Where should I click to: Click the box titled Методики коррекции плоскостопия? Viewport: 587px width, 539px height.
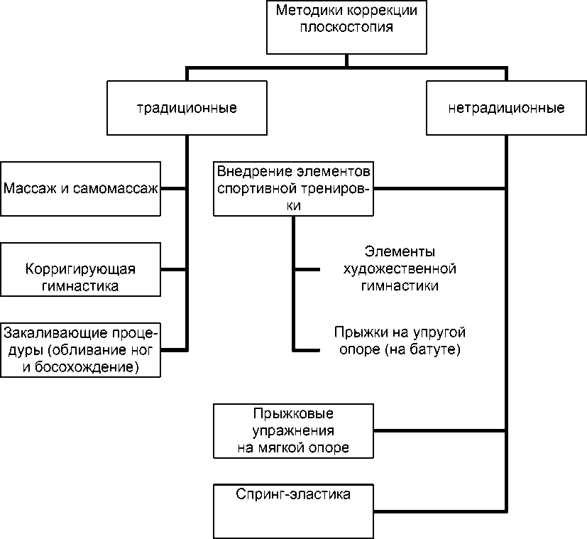point(347,28)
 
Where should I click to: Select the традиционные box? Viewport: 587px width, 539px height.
point(187,109)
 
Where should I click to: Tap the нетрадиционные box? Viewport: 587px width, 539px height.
point(506,109)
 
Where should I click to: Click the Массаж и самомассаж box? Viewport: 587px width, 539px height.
point(81,189)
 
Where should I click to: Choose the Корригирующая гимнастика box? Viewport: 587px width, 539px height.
point(81,270)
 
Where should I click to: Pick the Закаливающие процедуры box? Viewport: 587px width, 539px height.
point(81,350)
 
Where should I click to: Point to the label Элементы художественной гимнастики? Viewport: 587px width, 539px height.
point(399,269)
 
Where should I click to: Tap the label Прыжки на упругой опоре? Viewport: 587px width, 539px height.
point(400,341)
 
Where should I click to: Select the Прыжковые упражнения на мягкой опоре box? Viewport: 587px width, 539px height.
point(293,431)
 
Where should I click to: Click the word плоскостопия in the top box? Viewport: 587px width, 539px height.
point(346,29)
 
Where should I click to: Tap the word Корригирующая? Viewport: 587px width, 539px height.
point(80,269)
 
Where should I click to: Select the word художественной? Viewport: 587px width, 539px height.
point(399,269)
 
